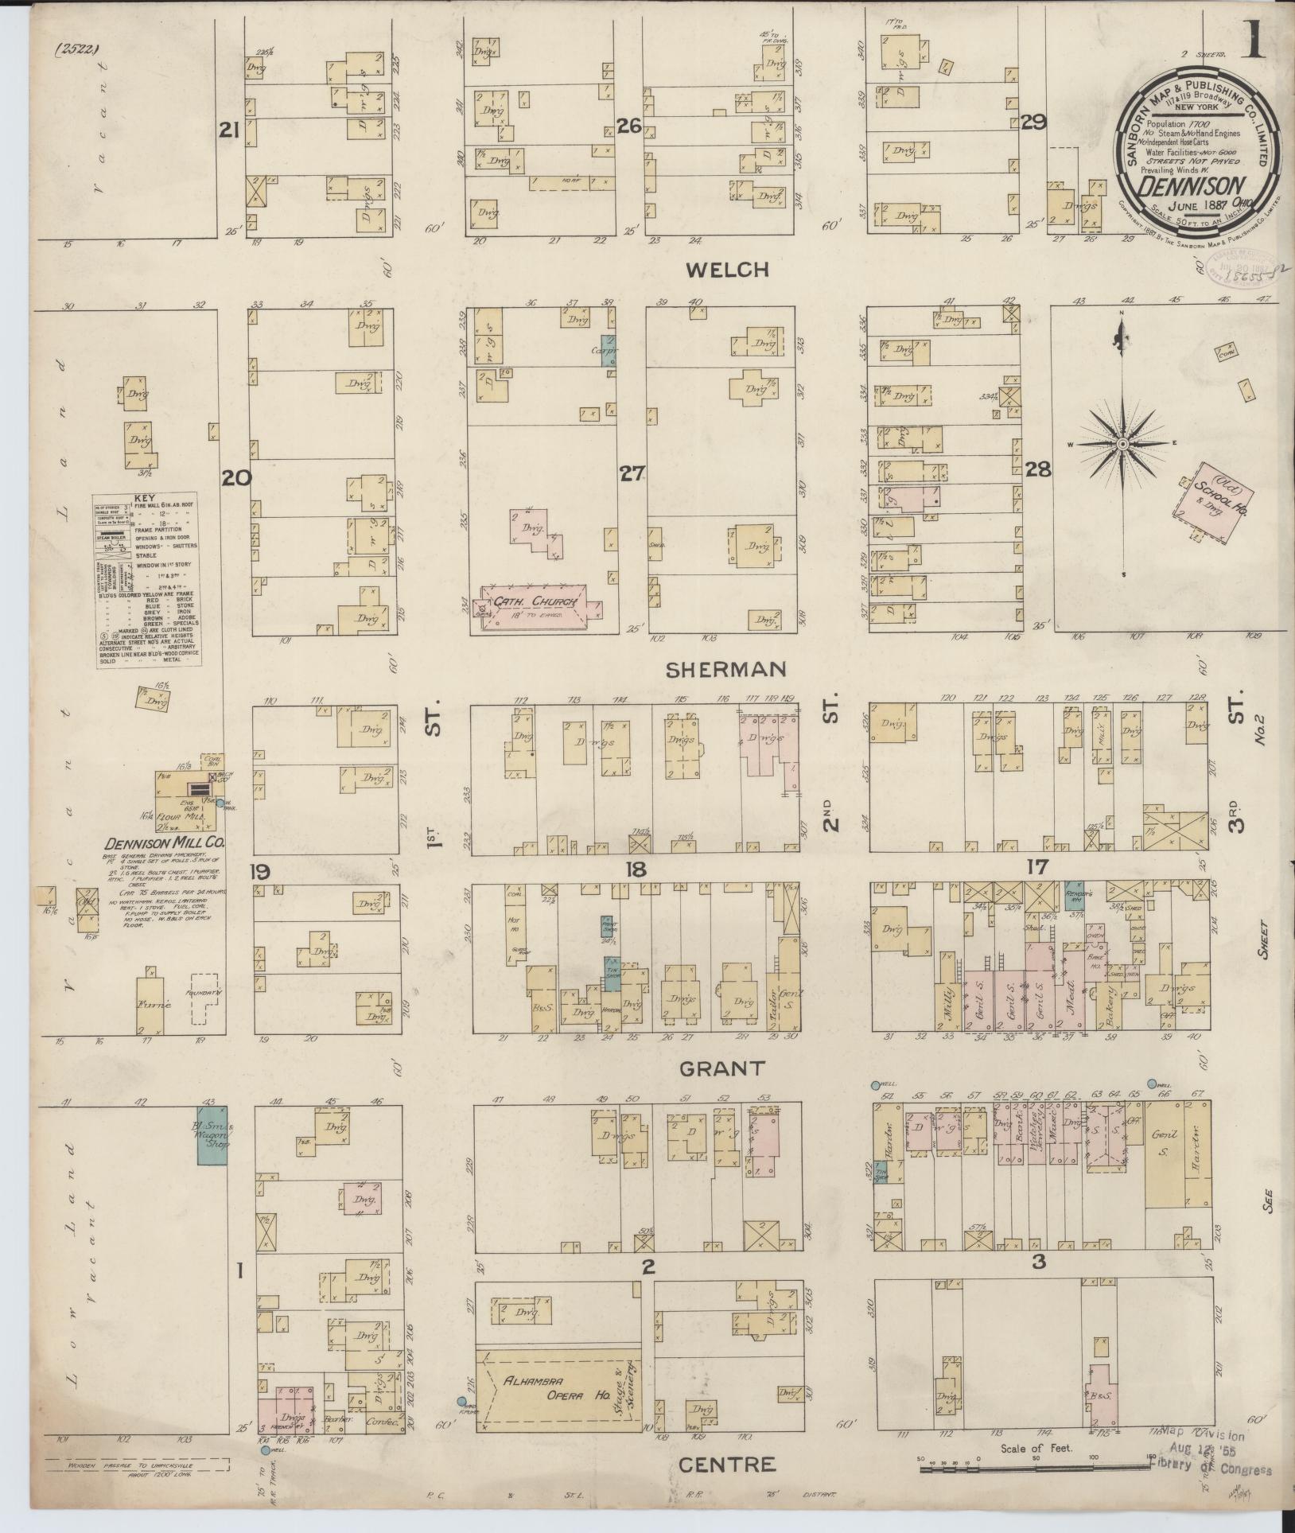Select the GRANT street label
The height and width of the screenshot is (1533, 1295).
click(721, 1068)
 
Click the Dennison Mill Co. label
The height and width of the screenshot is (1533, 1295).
click(166, 842)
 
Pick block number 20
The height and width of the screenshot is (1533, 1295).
click(237, 478)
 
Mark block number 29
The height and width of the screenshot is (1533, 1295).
click(1033, 123)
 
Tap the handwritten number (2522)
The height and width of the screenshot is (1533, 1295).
click(76, 50)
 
